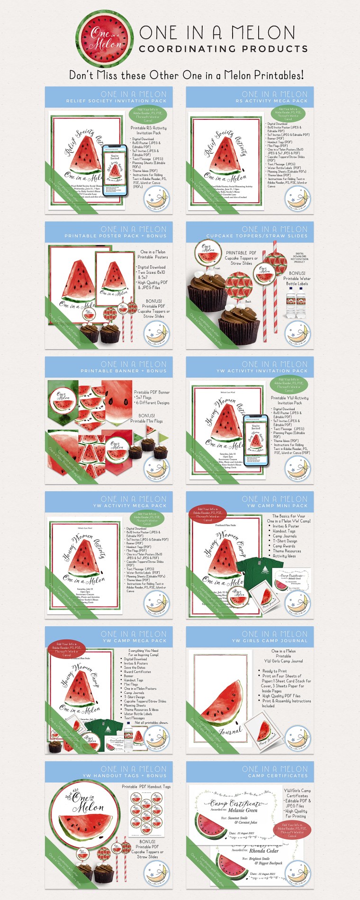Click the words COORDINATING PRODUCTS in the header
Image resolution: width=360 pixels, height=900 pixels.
[x=223, y=49]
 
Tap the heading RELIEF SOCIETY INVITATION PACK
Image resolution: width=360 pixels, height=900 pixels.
[x=116, y=101]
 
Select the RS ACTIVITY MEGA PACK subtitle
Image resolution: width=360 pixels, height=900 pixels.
[x=271, y=101]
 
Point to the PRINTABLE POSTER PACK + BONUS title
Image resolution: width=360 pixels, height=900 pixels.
[x=116, y=236]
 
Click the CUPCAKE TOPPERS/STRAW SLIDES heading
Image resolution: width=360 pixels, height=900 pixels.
[x=257, y=236]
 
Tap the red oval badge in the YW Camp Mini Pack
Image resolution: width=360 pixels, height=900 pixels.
[x=207, y=514]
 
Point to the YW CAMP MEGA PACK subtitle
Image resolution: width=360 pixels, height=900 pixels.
[x=134, y=641]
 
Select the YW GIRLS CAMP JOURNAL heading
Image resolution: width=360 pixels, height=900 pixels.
[x=270, y=641]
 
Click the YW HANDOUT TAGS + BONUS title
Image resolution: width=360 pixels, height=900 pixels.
[x=125, y=776]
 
